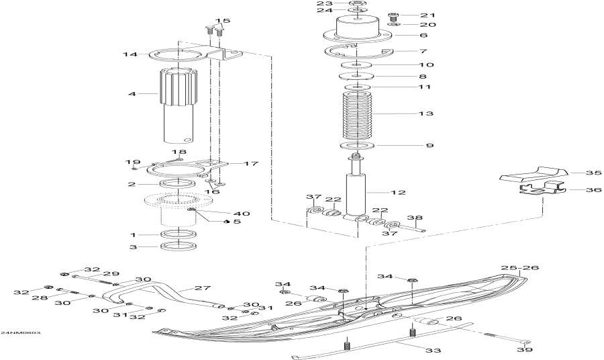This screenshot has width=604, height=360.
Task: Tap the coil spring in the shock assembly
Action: pyautogui.click(x=356, y=115)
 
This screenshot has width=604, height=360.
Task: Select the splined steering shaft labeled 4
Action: pyautogui.click(x=180, y=101)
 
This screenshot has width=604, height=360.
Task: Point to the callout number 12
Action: pyautogui.click(x=399, y=193)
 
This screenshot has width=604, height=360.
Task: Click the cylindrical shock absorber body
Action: pyautogui.click(x=356, y=193)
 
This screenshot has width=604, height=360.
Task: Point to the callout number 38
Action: pyautogui.click(x=415, y=218)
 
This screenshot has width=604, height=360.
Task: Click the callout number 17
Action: pyautogui.click(x=232, y=163)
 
